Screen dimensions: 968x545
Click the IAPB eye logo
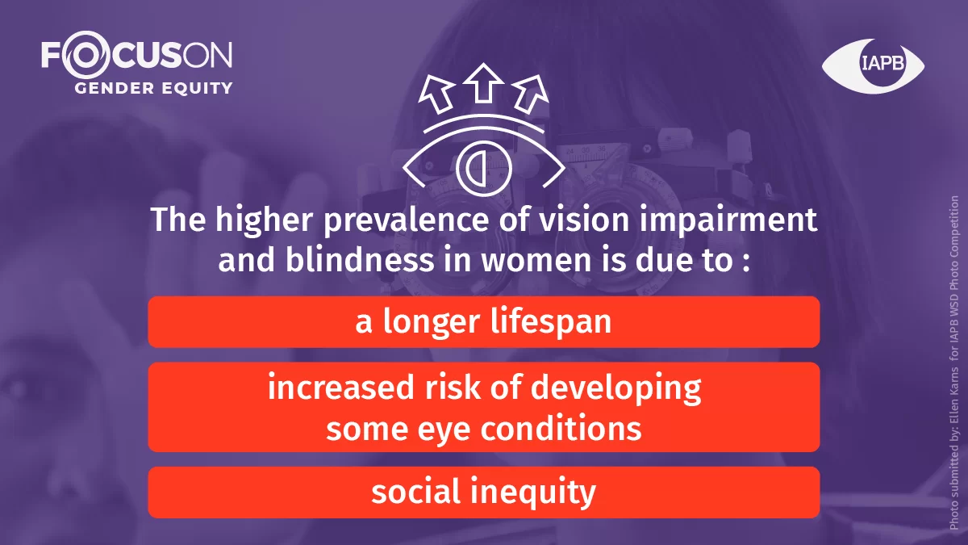tap(873, 66)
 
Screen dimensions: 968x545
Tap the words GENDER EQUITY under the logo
tap(153, 88)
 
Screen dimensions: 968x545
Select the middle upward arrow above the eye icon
tap(483, 83)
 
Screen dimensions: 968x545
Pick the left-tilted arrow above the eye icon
tap(436, 94)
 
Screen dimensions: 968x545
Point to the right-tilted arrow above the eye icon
tap(531, 94)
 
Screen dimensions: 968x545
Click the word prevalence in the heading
tap(407, 220)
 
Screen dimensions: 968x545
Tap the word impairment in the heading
tap(728, 220)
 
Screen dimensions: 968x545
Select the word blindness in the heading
tap(360, 260)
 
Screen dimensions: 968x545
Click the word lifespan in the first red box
tap(551, 322)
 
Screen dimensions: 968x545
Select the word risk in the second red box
tap(453, 387)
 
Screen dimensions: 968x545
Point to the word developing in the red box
tap(615, 389)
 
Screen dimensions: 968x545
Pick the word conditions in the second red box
tap(561, 429)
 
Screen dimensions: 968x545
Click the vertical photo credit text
tap(953, 363)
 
